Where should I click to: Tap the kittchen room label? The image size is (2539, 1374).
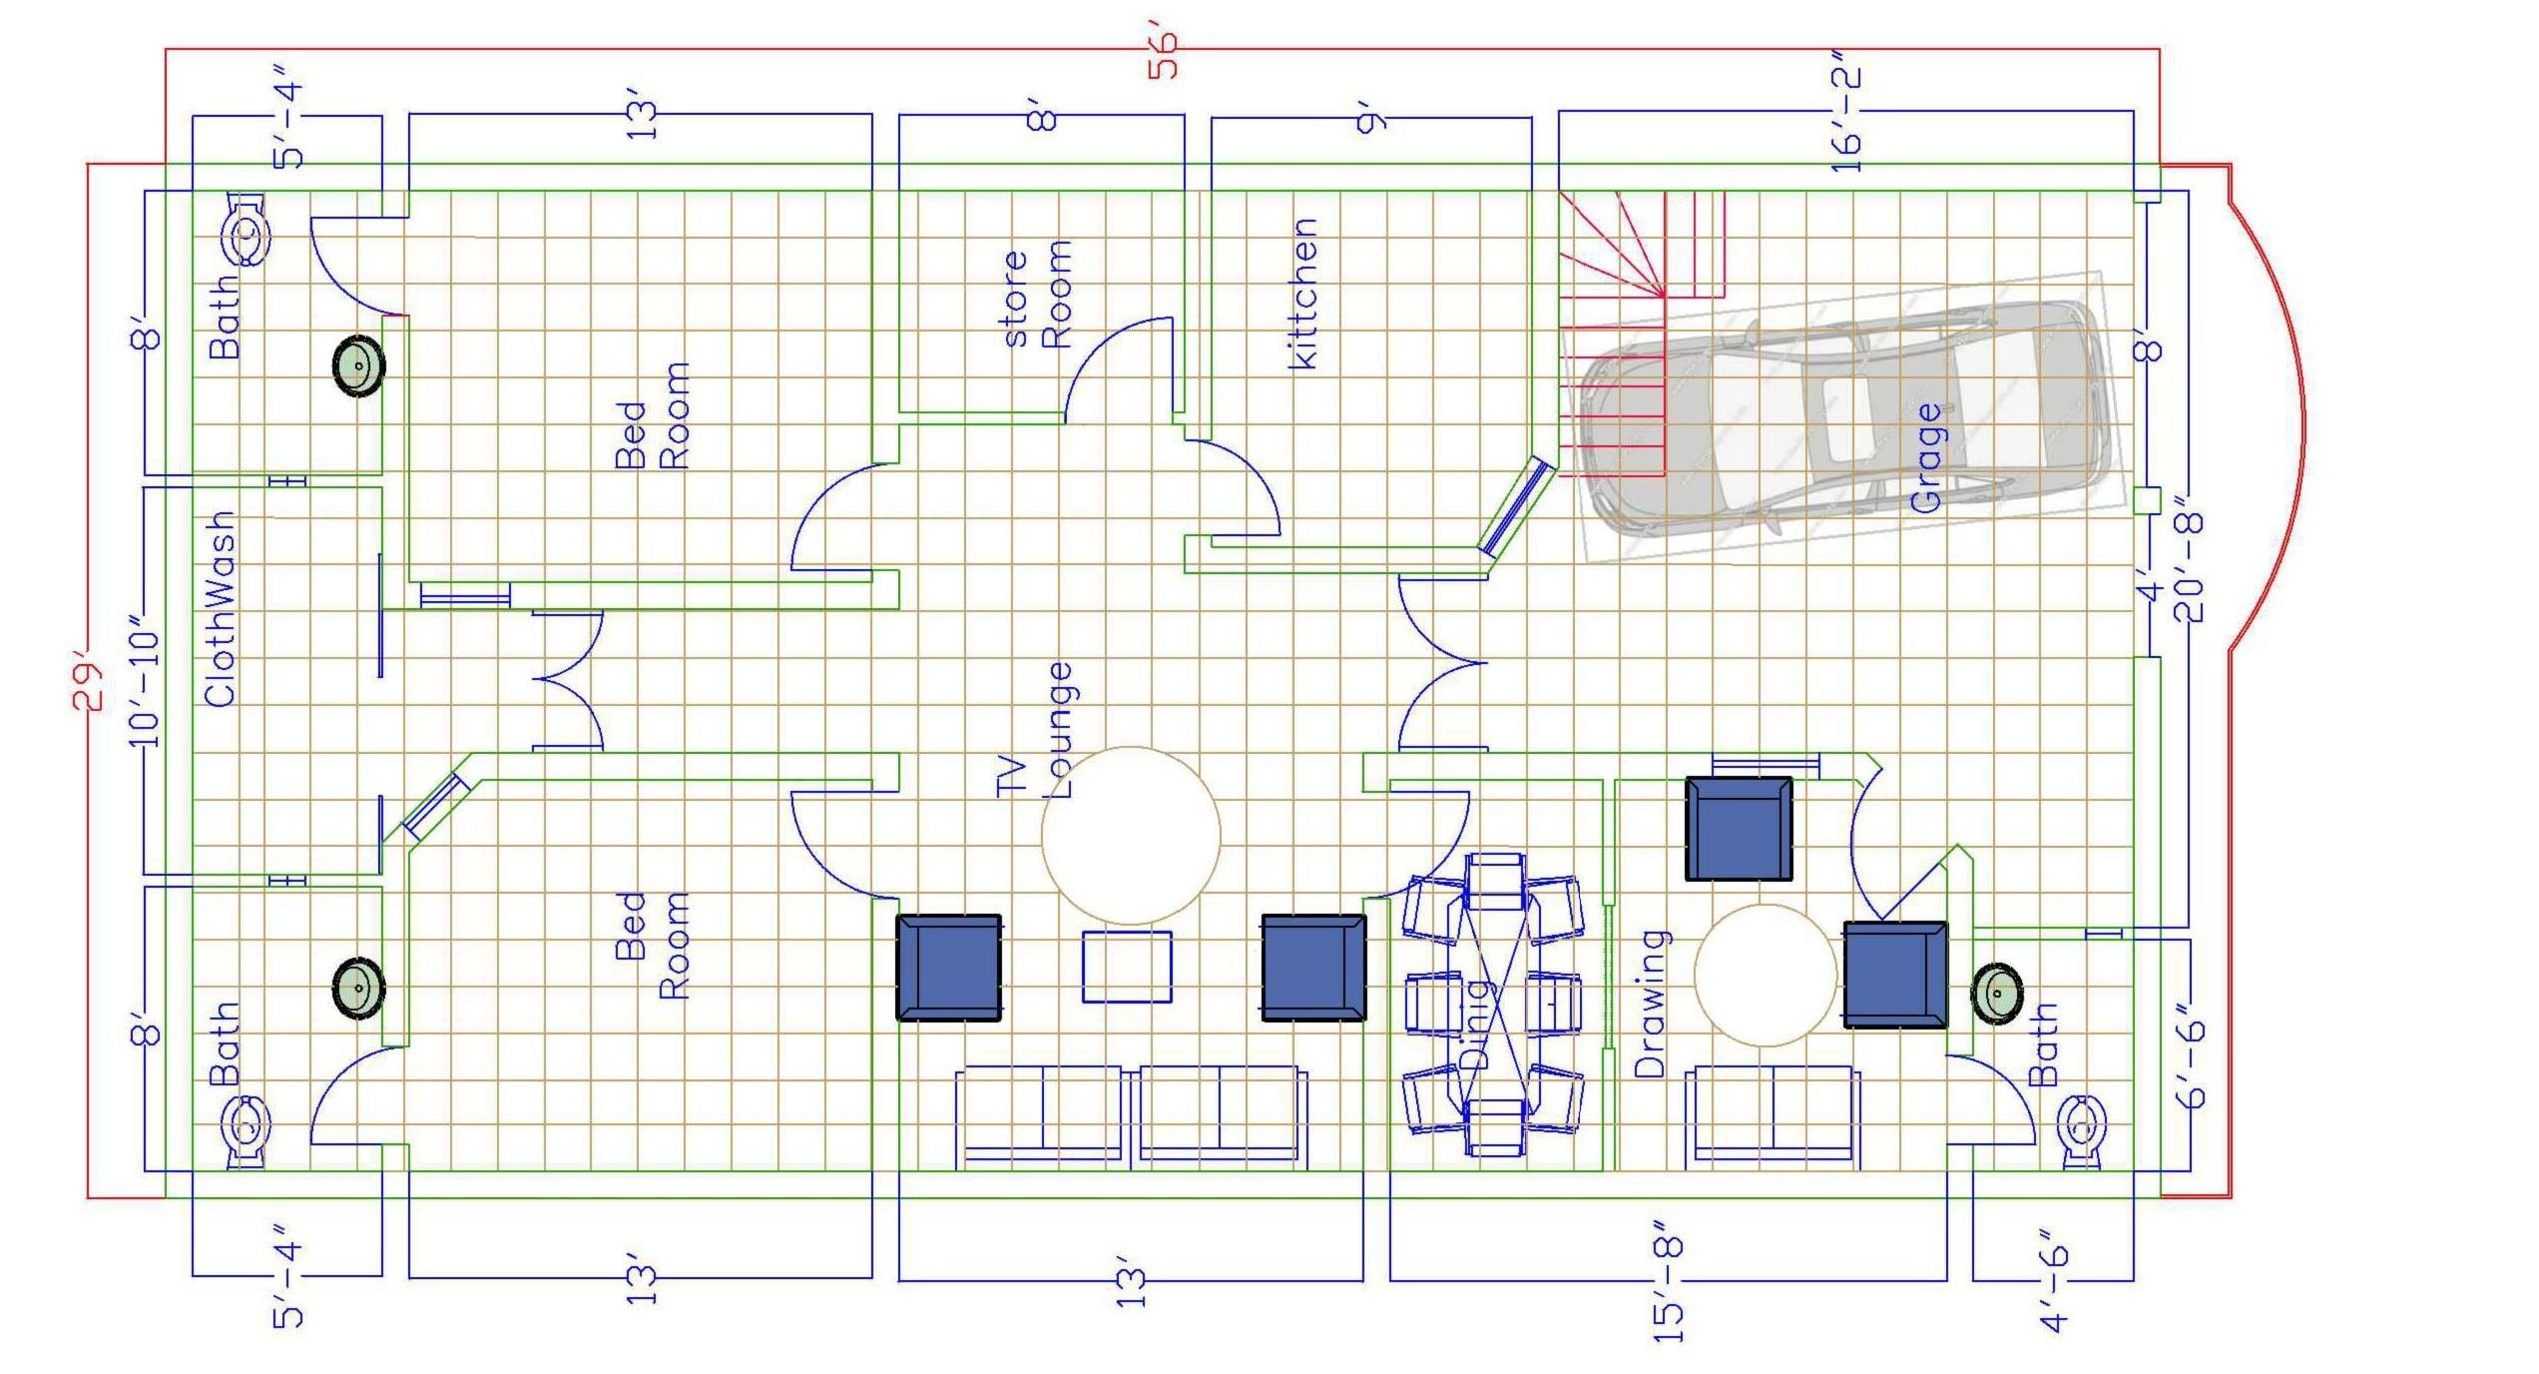tap(1303, 294)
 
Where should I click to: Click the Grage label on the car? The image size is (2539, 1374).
tap(1927, 457)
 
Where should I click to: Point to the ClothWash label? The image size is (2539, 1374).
tap(220, 609)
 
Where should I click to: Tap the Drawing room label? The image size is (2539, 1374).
tap(1652, 1003)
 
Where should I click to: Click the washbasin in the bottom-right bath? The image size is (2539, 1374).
tap(1997, 994)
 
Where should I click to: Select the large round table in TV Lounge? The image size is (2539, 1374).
tap(1131, 835)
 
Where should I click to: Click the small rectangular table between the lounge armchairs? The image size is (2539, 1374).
tap(1127, 966)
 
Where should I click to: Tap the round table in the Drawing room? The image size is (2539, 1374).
tap(1766, 975)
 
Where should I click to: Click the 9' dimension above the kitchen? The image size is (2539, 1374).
tap(1373, 122)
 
